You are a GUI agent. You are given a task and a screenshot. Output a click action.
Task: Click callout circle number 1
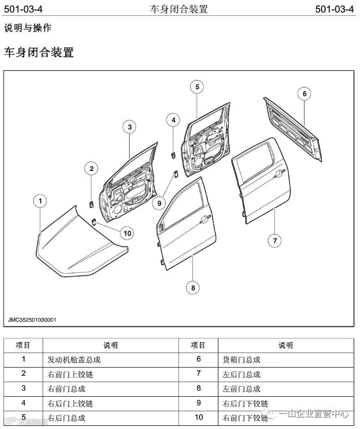coord(41,201)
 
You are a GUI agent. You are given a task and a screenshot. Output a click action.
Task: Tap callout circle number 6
coord(304,94)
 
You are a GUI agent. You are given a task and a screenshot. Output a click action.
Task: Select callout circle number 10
coord(127,233)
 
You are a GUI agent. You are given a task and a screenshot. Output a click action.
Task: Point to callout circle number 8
coord(192,288)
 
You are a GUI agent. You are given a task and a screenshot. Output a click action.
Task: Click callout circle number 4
coord(173,120)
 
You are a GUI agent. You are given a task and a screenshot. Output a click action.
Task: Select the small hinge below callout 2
coord(91,203)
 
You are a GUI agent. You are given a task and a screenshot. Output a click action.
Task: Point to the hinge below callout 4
coord(172,154)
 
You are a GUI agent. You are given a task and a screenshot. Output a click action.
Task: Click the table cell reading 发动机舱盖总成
coord(74,359)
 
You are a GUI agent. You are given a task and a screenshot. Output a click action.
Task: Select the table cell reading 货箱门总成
coord(242,359)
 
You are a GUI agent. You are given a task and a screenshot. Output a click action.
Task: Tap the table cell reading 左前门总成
coord(242,388)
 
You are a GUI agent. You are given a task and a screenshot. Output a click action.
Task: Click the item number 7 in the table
coord(199,374)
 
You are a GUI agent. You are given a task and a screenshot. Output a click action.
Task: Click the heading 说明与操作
coord(28,28)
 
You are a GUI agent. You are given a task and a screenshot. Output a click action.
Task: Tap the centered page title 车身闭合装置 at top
coord(179,9)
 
